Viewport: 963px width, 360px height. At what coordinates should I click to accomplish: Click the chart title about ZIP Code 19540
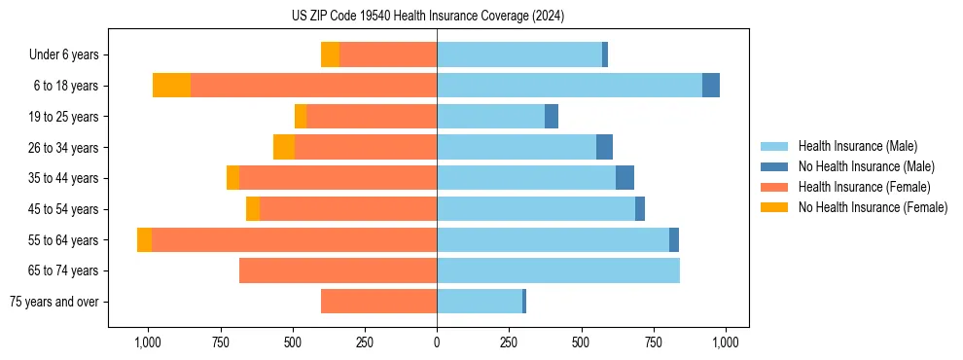pos(428,16)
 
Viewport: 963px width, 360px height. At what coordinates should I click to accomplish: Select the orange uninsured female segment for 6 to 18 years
pos(171,86)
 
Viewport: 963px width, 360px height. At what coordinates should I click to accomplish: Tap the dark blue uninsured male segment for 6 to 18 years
pos(711,86)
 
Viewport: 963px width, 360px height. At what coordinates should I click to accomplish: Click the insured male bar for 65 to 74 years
pos(558,270)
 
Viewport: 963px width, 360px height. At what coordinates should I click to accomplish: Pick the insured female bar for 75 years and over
pos(378,302)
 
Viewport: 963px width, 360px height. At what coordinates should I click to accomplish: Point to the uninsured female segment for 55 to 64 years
pos(144,240)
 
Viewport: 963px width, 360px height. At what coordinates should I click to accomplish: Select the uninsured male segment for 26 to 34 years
pos(604,147)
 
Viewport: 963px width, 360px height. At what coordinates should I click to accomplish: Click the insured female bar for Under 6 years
pos(388,54)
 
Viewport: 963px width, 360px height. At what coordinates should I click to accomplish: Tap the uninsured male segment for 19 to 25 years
pos(552,117)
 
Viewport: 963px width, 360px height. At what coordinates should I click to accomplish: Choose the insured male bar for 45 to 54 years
pos(536,209)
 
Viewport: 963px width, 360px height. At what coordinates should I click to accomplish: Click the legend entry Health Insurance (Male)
pos(857,146)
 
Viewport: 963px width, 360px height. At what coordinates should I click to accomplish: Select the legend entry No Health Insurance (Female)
pos(873,207)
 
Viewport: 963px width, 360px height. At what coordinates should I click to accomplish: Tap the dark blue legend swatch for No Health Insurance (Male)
pos(775,166)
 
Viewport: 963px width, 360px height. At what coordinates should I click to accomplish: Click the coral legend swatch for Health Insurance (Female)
pos(775,187)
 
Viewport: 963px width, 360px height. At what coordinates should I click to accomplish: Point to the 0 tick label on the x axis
pos(437,342)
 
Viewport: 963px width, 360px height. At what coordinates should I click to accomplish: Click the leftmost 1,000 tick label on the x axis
pos(147,342)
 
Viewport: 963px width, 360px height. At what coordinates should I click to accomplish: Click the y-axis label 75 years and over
pos(53,302)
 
